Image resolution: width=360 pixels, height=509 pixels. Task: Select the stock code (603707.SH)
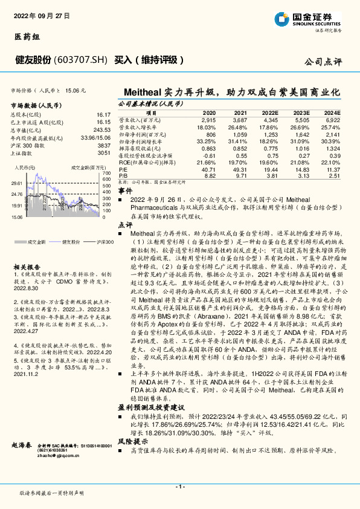tap(80, 60)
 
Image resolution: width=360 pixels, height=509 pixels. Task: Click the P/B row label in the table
tap(122, 176)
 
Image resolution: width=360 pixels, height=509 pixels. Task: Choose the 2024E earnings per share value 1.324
tap(333, 148)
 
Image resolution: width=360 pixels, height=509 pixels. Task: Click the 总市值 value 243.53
tap(102, 130)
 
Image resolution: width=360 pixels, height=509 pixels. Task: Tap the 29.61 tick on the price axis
tap(16, 183)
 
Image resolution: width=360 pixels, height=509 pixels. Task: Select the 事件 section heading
tap(124, 190)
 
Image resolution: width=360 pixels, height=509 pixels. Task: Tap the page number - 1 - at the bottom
tap(179, 486)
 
